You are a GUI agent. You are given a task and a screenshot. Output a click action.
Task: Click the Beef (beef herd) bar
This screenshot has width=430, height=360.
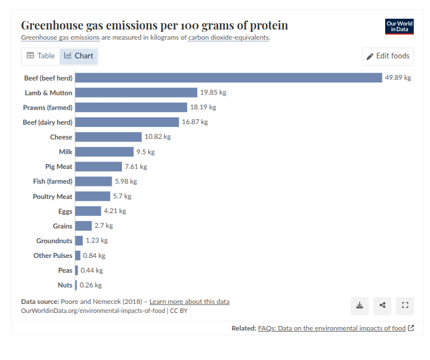pyautogui.click(x=229, y=78)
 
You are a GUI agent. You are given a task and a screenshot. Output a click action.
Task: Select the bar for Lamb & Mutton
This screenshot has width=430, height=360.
pyautogui.click(x=136, y=92)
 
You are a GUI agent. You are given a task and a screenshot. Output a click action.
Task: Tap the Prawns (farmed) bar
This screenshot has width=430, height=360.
pyautogui.click(x=131, y=107)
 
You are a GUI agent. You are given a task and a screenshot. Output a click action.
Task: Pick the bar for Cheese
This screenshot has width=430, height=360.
pyautogui.click(x=108, y=137)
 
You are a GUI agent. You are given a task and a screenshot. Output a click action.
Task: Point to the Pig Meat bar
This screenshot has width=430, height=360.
pyautogui.click(x=99, y=167)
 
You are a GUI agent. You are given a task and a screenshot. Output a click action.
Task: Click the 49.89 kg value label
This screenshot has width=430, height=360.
pyautogui.click(x=398, y=78)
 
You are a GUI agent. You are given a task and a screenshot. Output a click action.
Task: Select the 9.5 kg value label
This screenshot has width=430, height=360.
pyautogui.click(x=145, y=152)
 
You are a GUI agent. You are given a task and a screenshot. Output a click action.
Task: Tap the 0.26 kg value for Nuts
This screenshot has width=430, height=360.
pyautogui.click(x=91, y=285)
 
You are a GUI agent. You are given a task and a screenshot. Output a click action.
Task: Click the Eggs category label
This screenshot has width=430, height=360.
pyautogui.click(x=65, y=211)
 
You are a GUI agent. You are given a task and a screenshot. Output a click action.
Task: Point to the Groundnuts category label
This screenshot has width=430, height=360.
pyautogui.click(x=54, y=241)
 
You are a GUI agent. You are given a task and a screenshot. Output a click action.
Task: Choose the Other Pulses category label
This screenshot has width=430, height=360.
pyautogui.click(x=53, y=256)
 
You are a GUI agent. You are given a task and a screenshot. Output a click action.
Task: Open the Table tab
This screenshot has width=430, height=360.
pyautogui.click(x=41, y=56)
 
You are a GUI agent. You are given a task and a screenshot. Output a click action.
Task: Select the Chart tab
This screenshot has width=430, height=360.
pyautogui.click(x=79, y=56)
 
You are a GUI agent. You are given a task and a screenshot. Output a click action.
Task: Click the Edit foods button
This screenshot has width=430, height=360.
pyautogui.click(x=388, y=56)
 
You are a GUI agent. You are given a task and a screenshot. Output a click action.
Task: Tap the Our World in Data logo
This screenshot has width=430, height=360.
pyautogui.click(x=399, y=27)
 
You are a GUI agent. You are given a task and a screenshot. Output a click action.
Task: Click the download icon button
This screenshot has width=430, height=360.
pyautogui.click(x=360, y=306)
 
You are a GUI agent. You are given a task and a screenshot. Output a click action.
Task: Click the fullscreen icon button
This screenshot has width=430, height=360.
pyautogui.click(x=405, y=306)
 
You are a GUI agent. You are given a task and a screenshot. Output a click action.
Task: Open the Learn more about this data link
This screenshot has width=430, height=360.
pyautogui.click(x=189, y=302)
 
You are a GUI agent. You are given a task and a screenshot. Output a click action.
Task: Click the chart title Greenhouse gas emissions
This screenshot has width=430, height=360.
pyautogui.click(x=154, y=26)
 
